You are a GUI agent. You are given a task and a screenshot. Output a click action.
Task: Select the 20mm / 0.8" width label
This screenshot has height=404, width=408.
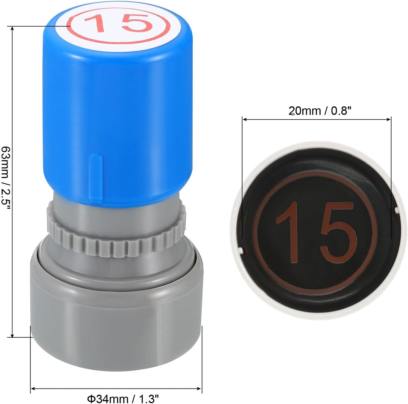point(320,111)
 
